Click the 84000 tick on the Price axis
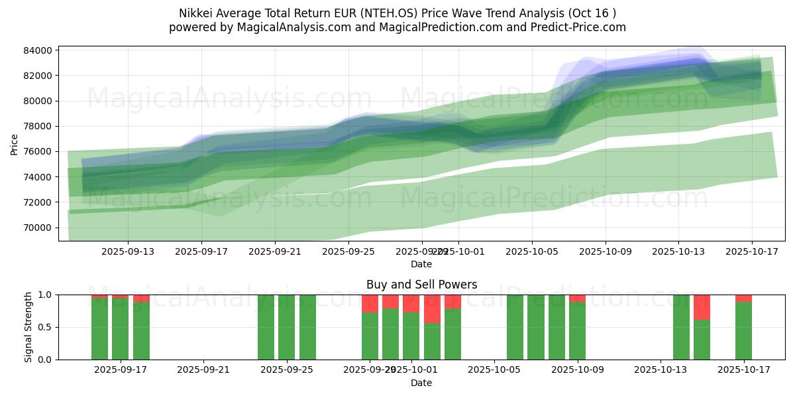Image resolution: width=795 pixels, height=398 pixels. pyautogui.click(x=38, y=50)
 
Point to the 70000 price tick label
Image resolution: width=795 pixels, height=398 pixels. pyautogui.click(x=38, y=228)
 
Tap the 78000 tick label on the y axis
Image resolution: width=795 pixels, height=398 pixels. pyautogui.click(x=38, y=126)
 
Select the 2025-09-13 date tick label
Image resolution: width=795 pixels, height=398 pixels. pyautogui.click(x=128, y=251)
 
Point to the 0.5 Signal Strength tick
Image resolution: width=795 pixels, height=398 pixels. pyautogui.click(x=46, y=327)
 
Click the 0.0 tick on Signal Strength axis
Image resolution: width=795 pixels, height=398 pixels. pyautogui.click(x=46, y=360)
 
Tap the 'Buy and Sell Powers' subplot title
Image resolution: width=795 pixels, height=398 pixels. pyautogui.click(x=421, y=285)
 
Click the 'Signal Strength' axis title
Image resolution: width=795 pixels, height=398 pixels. pyautogui.click(x=28, y=327)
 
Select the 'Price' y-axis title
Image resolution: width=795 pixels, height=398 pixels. pyautogui.click(x=15, y=143)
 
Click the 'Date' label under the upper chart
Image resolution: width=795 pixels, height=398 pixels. pyautogui.click(x=421, y=264)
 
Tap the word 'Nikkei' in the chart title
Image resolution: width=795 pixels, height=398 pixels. pyautogui.click(x=195, y=13)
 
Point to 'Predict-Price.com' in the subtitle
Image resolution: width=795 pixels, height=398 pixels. pyautogui.click(x=581, y=27)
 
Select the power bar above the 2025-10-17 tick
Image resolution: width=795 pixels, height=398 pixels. pyautogui.click(x=743, y=330)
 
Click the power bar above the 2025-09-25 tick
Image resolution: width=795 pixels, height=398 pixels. pyautogui.click(x=286, y=327)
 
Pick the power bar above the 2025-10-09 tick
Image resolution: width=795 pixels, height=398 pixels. pyautogui.click(x=577, y=330)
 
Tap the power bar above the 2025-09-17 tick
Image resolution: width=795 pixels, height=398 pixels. pyautogui.click(x=121, y=328)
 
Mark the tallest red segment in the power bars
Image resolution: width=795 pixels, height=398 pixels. pyautogui.click(x=432, y=308)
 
